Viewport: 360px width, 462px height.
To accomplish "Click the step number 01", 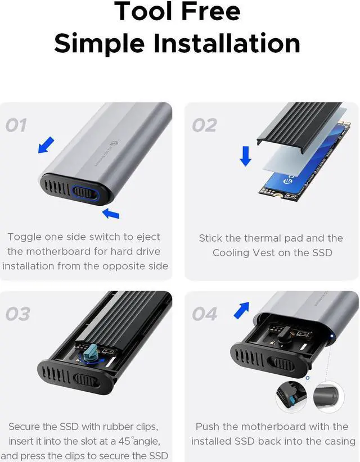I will [x=16, y=125].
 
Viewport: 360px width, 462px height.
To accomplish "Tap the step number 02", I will [x=204, y=125].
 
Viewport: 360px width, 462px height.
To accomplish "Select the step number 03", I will [x=17, y=314].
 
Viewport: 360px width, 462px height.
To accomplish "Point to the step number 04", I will [x=205, y=314].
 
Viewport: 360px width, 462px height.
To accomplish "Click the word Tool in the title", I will [x=145, y=11].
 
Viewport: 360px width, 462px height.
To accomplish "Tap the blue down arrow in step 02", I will [x=245, y=155].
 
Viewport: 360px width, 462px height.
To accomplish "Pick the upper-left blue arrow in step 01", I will [x=46, y=144].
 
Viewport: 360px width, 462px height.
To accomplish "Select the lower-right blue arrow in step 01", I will [x=111, y=213].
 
